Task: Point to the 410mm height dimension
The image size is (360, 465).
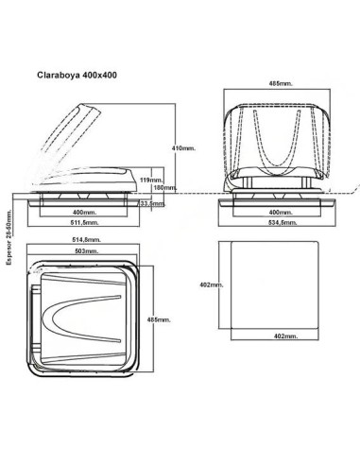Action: [x=183, y=149]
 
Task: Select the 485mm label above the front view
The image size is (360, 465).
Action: [x=281, y=83]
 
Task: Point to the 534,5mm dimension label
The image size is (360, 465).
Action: [x=281, y=226]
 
